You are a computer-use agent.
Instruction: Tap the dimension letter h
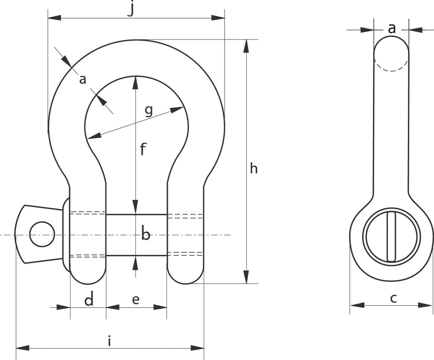pyautogui.click(x=253, y=169)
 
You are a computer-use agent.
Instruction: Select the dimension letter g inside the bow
pyautogui.click(x=148, y=110)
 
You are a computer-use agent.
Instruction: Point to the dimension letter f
pyautogui.click(x=143, y=150)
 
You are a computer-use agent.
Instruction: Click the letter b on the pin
pyautogui.click(x=146, y=234)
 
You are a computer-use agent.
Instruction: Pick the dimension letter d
pyautogui.click(x=89, y=300)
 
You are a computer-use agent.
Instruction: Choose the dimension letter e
pyautogui.click(x=136, y=300)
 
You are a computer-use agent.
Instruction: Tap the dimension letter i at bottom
pyautogui.click(x=109, y=341)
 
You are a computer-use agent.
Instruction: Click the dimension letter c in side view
pyautogui.click(x=393, y=298)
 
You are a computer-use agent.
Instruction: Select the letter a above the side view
pyautogui.click(x=391, y=28)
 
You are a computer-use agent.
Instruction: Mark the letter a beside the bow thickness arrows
pyautogui.click(x=82, y=80)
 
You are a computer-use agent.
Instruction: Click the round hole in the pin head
pyautogui.click(x=43, y=234)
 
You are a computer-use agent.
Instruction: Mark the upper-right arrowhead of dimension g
pyautogui.click(x=179, y=109)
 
